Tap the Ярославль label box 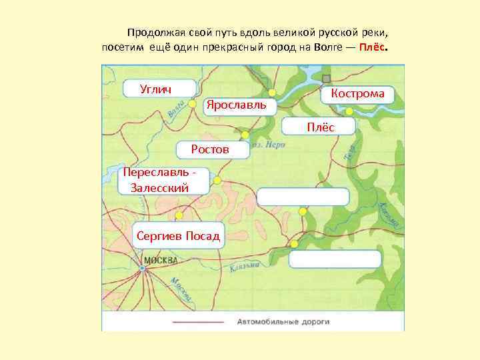point(237,105)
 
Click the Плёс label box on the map point(320,127)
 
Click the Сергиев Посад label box point(178,235)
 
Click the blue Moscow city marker point(142,268)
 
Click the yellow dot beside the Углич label point(192,104)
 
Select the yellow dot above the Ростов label point(245,135)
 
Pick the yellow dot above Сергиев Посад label point(179,215)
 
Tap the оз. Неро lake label point(271,144)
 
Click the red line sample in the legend point(198,321)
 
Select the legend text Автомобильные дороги point(283,321)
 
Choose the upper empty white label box point(303,197)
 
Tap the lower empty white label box point(335,259)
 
